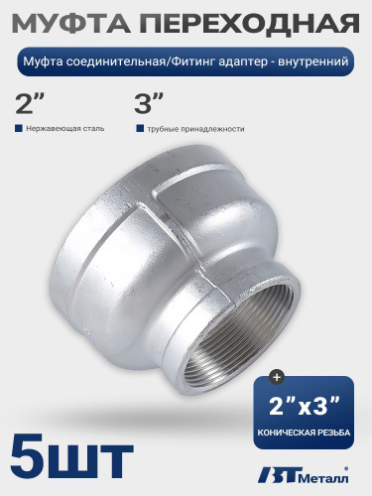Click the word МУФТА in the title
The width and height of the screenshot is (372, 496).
click(71, 23)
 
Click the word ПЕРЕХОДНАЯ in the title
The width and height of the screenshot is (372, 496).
click(249, 23)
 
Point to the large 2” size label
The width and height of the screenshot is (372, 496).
click(30, 103)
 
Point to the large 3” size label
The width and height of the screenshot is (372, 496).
click(149, 103)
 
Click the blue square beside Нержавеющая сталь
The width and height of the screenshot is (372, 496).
click(19, 128)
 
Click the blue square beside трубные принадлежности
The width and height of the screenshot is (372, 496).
click(140, 128)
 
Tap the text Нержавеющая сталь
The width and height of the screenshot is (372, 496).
click(65, 128)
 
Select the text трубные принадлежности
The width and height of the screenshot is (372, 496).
click(196, 129)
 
